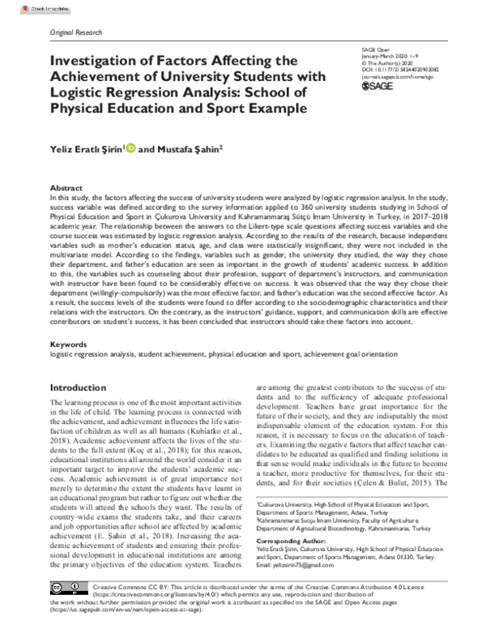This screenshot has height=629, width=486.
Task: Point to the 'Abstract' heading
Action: (x=66, y=186)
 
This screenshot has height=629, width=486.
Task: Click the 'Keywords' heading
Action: (x=68, y=345)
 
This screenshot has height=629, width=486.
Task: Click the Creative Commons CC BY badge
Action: (x=69, y=587)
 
